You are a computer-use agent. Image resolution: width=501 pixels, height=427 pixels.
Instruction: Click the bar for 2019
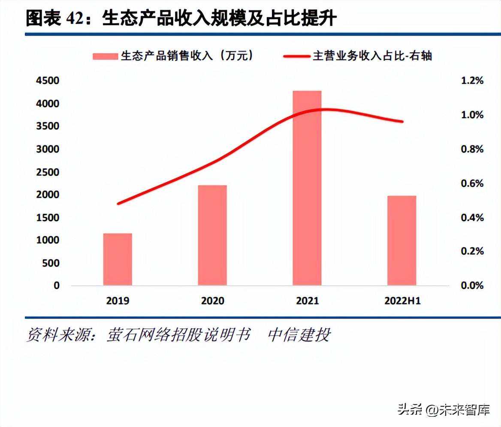click(118, 259)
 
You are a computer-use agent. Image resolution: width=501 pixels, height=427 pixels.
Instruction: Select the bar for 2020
click(212, 235)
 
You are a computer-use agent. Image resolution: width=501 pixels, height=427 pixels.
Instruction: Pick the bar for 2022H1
click(402, 241)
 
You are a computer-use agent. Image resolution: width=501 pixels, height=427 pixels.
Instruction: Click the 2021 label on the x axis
click(307, 301)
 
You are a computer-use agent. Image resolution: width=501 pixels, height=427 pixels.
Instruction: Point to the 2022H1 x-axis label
click(402, 301)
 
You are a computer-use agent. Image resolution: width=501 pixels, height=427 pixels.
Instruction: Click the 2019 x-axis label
click(118, 301)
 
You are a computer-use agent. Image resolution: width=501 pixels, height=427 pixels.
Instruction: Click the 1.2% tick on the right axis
click(472, 81)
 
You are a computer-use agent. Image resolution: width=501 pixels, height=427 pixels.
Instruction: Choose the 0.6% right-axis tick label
click(472, 183)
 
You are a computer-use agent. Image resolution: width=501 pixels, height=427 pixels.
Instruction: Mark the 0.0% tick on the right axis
click(472, 286)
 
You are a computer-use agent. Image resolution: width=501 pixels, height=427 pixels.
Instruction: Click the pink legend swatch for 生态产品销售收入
click(105, 56)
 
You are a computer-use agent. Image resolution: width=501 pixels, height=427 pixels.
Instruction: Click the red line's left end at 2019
click(118, 203)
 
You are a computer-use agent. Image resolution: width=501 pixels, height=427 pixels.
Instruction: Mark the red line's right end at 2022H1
click(402, 121)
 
